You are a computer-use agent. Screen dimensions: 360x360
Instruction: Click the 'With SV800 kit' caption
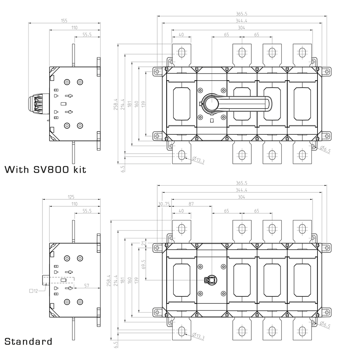click(45, 169)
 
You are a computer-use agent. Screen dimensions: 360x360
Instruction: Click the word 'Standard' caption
click(28, 341)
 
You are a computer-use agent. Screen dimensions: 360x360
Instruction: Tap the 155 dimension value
click(64, 21)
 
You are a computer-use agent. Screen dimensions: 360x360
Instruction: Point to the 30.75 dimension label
click(164, 204)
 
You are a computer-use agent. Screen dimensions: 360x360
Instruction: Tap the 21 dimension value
click(143, 243)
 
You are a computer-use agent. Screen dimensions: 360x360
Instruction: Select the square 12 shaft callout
click(34, 291)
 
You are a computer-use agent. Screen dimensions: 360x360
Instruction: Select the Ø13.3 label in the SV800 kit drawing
click(199, 160)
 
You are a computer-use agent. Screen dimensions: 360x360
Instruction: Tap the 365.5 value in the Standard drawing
click(242, 183)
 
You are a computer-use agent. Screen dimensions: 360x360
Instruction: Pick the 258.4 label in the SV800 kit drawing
click(115, 104)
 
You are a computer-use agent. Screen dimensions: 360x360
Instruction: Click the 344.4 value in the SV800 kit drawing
click(242, 21)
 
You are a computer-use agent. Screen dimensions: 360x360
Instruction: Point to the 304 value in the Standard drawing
click(242, 197)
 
